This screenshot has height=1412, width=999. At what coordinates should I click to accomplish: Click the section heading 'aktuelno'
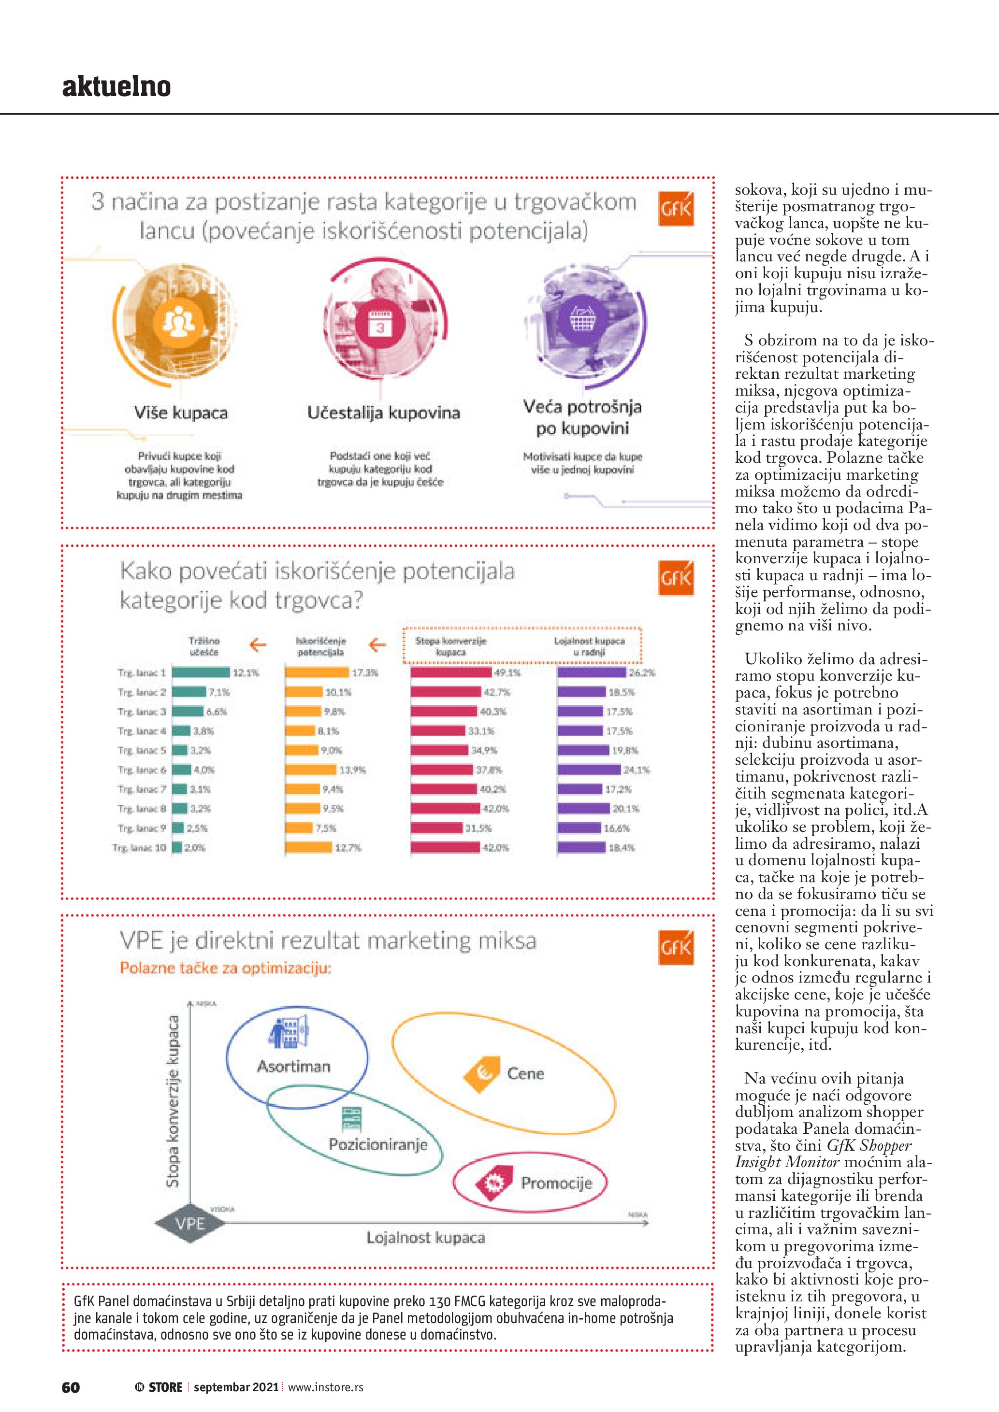pyautogui.click(x=116, y=86)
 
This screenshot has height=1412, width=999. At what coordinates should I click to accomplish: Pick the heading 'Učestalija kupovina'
pyautogui.click(x=383, y=413)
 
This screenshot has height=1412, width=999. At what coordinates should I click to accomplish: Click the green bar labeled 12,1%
pyautogui.click(x=201, y=673)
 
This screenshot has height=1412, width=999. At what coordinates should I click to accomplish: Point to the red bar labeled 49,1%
pyautogui.click(x=451, y=673)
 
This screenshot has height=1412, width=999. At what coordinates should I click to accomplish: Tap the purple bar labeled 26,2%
pyautogui.click(x=592, y=673)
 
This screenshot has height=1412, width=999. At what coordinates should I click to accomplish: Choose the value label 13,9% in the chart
pyautogui.click(x=352, y=770)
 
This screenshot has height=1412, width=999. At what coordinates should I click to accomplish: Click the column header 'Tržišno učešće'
pyautogui.click(x=203, y=646)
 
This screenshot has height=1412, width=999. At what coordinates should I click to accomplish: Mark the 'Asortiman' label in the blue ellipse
pyautogui.click(x=293, y=1067)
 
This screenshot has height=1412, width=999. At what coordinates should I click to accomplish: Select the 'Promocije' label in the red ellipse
pyautogui.click(x=556, y=1183)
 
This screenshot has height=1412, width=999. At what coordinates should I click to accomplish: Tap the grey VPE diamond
pyautogui.click(x=189, y=1223)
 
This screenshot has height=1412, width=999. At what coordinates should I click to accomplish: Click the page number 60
pyautogui.click(x=71, y=1387)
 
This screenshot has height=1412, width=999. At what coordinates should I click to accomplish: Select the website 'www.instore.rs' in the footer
pyautogui.click(x=325, y=1387)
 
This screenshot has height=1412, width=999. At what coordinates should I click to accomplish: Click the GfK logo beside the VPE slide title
pyautogui.click(x=676, y=947)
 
